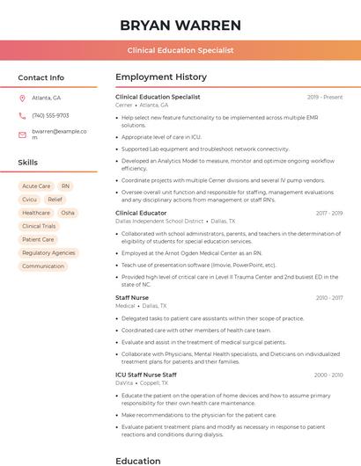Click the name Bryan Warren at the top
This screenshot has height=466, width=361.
[x=180, y=25]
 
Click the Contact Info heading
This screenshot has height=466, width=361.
[x=41, y=77]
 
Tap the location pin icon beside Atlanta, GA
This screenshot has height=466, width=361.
[x=22, y=98]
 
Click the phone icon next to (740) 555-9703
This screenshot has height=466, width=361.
[x=22, y=115]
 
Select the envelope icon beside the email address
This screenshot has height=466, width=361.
[x=22, y=135]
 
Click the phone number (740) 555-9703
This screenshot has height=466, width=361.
[x=50, y=115]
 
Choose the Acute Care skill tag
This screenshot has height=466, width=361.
[x=36, y=186]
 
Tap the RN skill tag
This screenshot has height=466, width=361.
[x=66, y=186]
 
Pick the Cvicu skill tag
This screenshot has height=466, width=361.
[x=30, y=200]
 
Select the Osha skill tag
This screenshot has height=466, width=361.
[x=68, y=213]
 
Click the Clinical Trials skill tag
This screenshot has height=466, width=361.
[x=39, y=226]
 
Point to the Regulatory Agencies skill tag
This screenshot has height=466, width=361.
[x=48, y=252]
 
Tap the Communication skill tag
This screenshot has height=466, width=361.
[x=43, y=266]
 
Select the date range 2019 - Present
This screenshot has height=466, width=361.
[x=325, y=97]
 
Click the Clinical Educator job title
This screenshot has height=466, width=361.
[x=141, y=213]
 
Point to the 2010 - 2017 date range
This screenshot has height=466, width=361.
[x=329, y=298]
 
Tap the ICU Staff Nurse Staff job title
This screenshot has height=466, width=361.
[x=146, y=375]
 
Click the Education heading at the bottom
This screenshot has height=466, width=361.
[x=138, y=460]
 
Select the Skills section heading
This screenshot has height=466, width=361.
[x=28, y=163]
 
